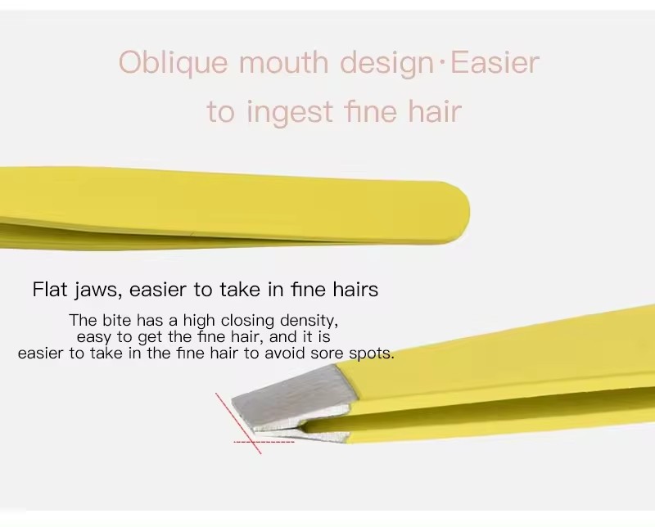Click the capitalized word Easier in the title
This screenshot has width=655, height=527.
point(495,63)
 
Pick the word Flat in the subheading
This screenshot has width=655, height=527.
point(50,289)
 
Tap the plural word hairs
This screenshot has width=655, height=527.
point(355,289)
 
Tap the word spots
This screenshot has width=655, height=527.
point(371,354)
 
